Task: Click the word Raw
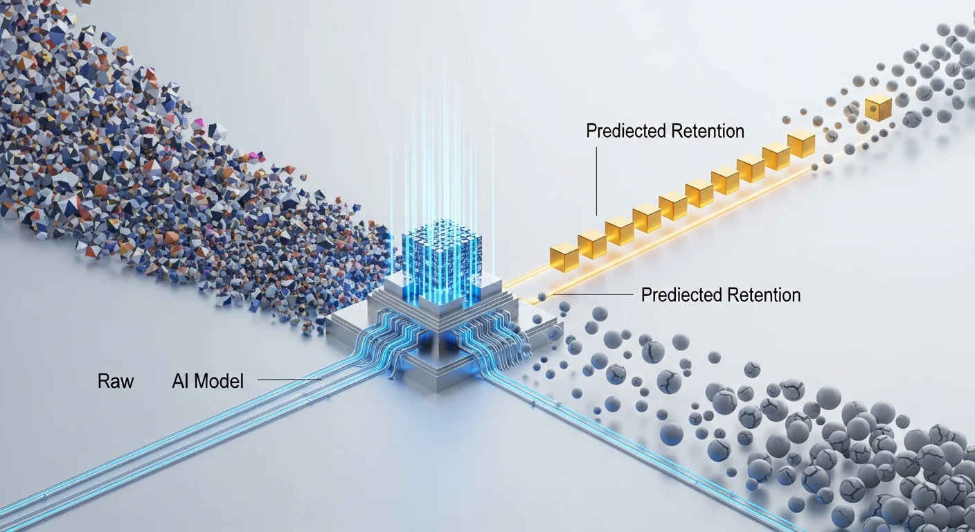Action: click(x=115, y=380)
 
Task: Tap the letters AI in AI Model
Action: click(x=181, y=380)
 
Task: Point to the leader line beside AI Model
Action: click(x=288, y=380)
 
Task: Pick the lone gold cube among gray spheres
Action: click(x=878, y=108)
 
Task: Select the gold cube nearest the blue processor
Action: click(x=563, y=256)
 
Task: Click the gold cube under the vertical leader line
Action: click(x=593, y=244)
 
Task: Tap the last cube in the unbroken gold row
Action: click(x=801, y=143)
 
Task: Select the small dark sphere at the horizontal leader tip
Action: click(x=541, y=296)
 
